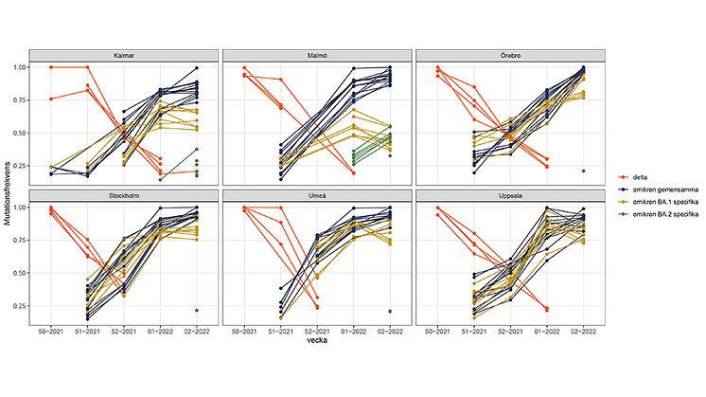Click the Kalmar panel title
click(122, 55)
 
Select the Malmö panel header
click(317, 55)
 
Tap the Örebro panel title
click(512, 55)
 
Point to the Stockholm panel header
click(122, 196)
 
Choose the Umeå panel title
click(317, 196)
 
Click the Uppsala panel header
click(512, 196)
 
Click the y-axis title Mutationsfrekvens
click(7, 189)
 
